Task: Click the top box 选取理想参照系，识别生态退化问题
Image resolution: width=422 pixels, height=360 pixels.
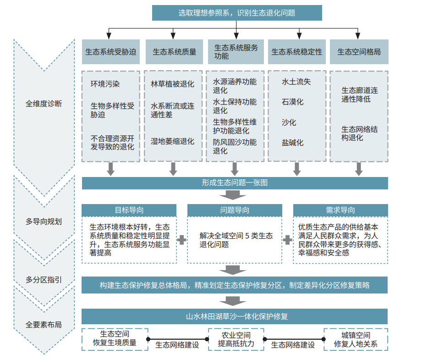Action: pos(237,13)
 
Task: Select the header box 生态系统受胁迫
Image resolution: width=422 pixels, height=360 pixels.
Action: pos(110,52)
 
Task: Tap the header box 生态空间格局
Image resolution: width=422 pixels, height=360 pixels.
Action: pos(359,52)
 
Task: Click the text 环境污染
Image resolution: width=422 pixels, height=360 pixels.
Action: pos(105,84)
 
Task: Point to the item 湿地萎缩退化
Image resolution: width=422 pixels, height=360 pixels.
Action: pos(173,141)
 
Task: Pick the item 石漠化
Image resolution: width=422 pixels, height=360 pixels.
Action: pos(292,102)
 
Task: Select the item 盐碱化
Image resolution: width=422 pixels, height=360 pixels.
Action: pos(292,143)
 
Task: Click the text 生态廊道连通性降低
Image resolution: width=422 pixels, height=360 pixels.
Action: pos(360,94)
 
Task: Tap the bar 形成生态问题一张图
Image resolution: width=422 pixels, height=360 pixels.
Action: pos(235,183)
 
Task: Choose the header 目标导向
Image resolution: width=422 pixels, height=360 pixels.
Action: pos(129,210)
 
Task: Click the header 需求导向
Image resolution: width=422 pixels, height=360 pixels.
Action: pos(340,210)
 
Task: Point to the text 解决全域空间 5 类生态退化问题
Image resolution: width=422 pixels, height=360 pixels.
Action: pos(236,240)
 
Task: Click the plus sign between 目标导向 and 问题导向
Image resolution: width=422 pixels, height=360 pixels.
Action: pos(181,240)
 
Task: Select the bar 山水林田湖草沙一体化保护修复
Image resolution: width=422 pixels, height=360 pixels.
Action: pos(235,316)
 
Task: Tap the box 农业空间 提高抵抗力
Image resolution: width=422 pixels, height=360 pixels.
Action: pos(236,339)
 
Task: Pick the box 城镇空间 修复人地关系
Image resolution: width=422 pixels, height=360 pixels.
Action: pos(356,339)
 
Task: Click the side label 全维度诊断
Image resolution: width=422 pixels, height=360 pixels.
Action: pos(44,104)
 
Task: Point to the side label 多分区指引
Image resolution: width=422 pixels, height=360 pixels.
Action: pos(44,280)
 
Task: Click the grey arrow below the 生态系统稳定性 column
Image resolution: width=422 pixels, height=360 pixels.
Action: pos(296,169)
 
